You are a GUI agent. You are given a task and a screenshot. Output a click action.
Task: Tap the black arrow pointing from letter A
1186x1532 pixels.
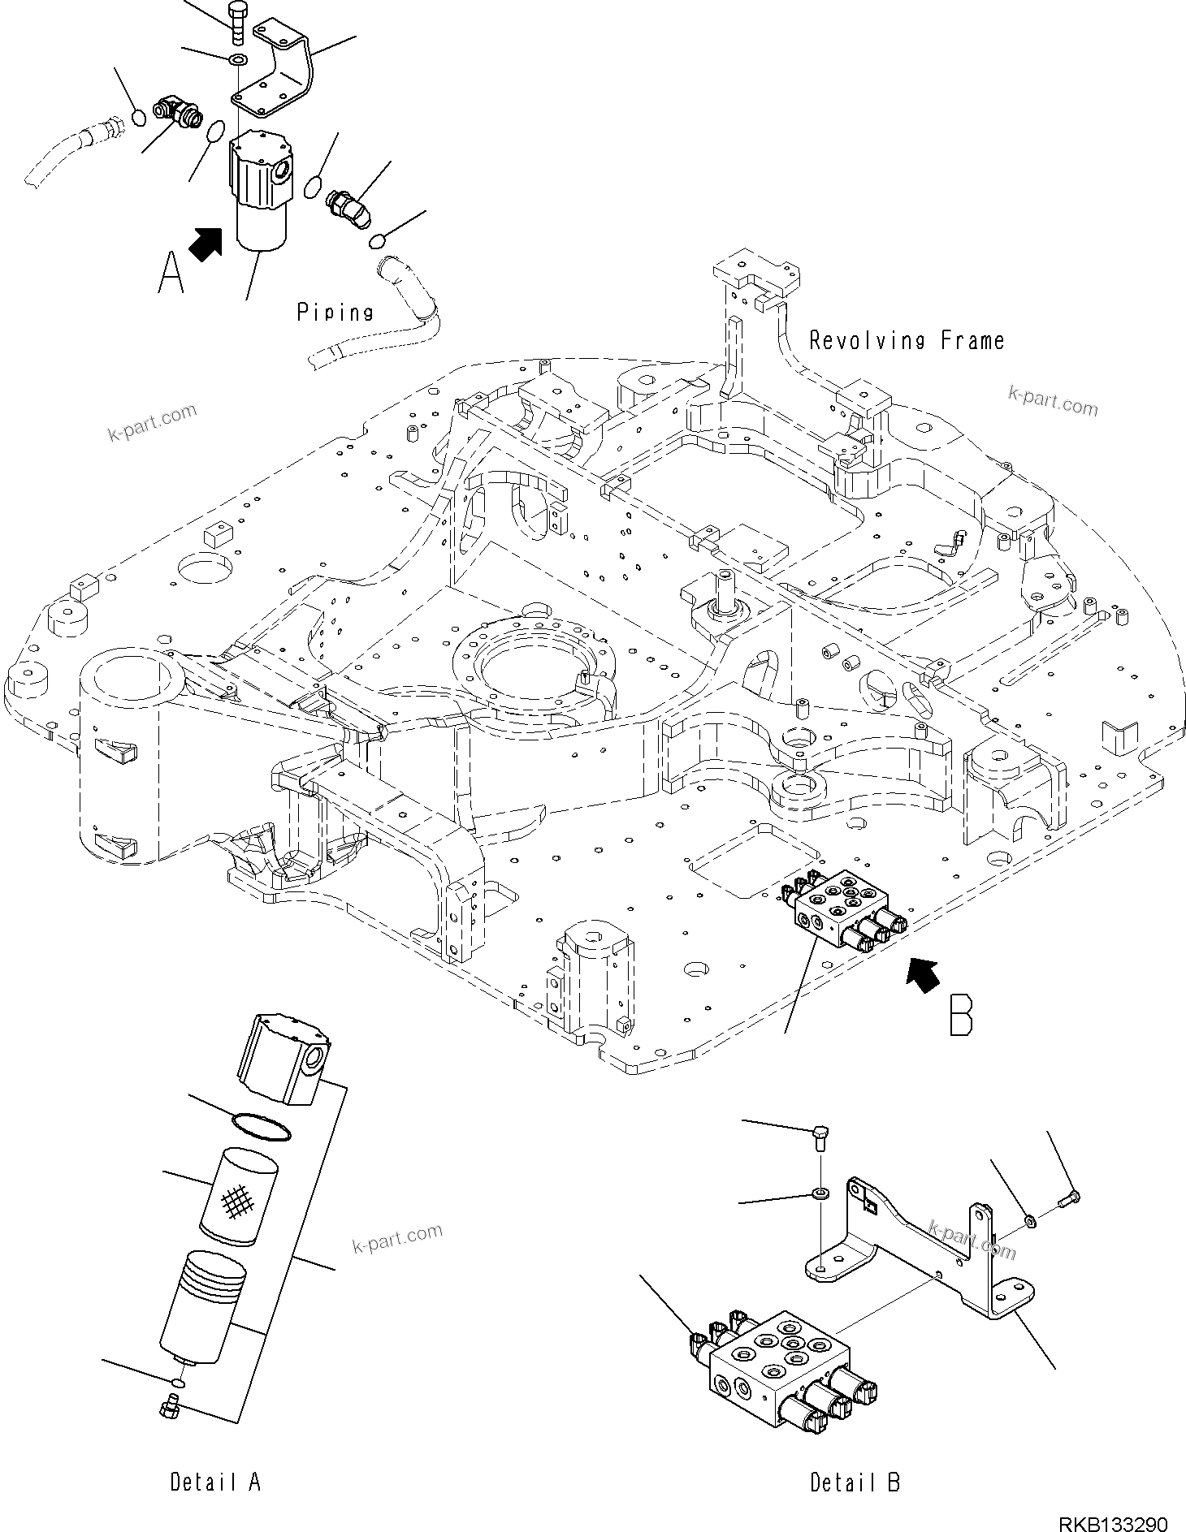click(x=206, y=243)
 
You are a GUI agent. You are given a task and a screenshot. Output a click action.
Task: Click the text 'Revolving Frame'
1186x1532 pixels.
click(x=906, y=340)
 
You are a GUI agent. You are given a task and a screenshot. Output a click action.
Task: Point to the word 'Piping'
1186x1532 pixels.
click(x=335, y=312)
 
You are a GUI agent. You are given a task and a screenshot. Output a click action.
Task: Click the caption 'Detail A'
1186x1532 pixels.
click(x=215, y=1482)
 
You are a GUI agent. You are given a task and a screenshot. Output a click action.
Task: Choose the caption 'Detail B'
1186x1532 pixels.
click(x=855, y=1482)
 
